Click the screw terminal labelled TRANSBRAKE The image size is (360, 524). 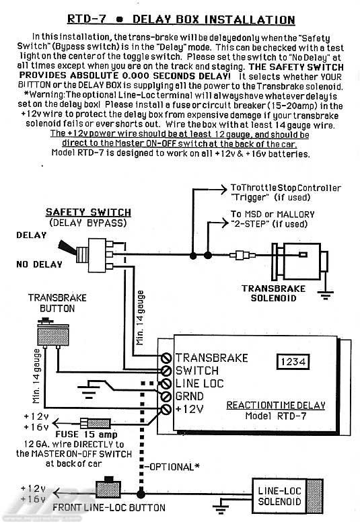[166, 358]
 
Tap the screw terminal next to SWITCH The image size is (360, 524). [166, 371]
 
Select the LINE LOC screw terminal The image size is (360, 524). [166, 383]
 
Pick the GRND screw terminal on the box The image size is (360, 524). [166, 396]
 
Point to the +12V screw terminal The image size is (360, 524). [166, 409]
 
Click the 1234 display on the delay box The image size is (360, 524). [293, 362]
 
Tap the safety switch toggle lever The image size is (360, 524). [67, 248]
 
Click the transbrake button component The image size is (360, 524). [53, 333]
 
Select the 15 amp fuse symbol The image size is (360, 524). [96, 423]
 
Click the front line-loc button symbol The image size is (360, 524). [108, 488]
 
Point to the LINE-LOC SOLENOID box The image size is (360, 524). [287, 496]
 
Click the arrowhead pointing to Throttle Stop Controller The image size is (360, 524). [223, 190]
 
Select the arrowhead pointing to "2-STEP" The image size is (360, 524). [224, 223]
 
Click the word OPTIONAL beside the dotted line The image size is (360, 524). [171, 467]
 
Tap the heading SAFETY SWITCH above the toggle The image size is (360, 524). [88, 212]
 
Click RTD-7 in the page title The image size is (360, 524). [87, 18]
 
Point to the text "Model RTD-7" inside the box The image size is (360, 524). [276, 416]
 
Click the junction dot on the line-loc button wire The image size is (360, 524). [141, 494]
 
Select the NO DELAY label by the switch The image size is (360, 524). [40, 264]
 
